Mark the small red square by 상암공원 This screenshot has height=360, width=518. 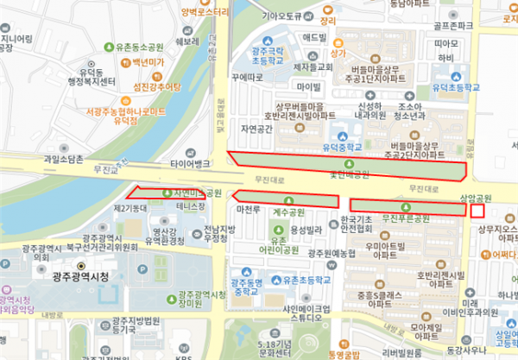tap(477, 210)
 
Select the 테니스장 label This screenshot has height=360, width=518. tap(190, 207)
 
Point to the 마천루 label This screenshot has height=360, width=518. tap(249, 210)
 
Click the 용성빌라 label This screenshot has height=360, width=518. tap(306, 229)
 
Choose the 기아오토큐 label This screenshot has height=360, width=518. tap(281, 16)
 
